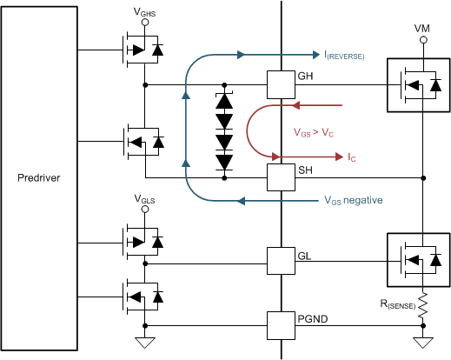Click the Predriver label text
coord(43,179)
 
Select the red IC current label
coord(351,157)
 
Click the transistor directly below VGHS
coord(139,50)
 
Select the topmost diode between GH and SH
coord(225,101)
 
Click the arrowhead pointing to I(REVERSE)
coord(306,55)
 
